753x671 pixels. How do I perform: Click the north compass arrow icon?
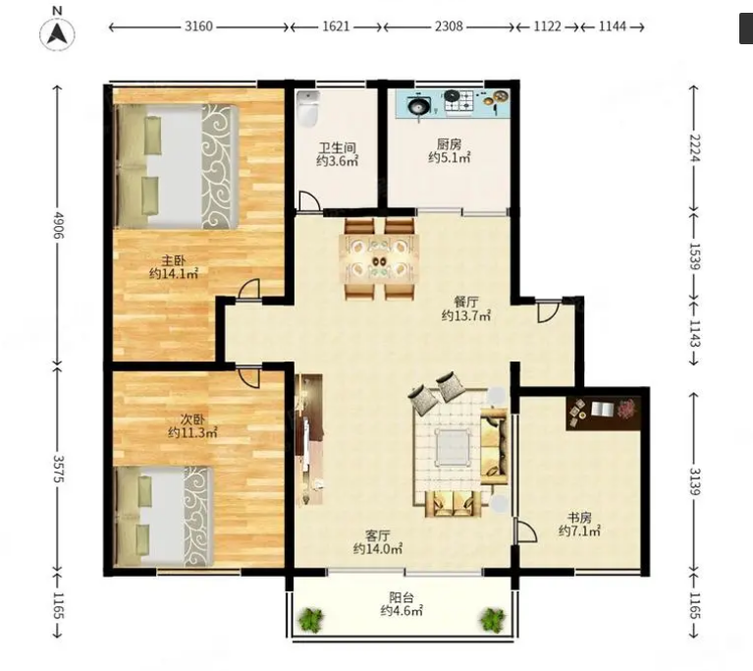57,33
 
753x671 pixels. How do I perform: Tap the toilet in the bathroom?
308,109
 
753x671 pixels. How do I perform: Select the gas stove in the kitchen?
458,102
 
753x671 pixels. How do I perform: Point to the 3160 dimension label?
198,26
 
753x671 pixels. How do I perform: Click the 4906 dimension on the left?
59,225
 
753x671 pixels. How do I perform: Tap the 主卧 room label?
173,260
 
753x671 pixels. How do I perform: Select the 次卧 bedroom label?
192,419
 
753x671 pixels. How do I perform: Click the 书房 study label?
579,518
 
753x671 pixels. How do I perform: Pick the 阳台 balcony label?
402,597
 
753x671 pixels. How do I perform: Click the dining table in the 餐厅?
379,259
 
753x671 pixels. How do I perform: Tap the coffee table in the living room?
452,447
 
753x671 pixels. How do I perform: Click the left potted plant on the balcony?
311,619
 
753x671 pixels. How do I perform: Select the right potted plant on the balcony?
493,619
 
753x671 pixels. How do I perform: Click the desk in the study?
603,413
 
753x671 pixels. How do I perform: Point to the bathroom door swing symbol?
309,201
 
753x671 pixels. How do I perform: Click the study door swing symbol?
525,531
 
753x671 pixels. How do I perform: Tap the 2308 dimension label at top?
449,26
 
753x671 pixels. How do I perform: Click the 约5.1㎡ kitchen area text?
449,157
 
